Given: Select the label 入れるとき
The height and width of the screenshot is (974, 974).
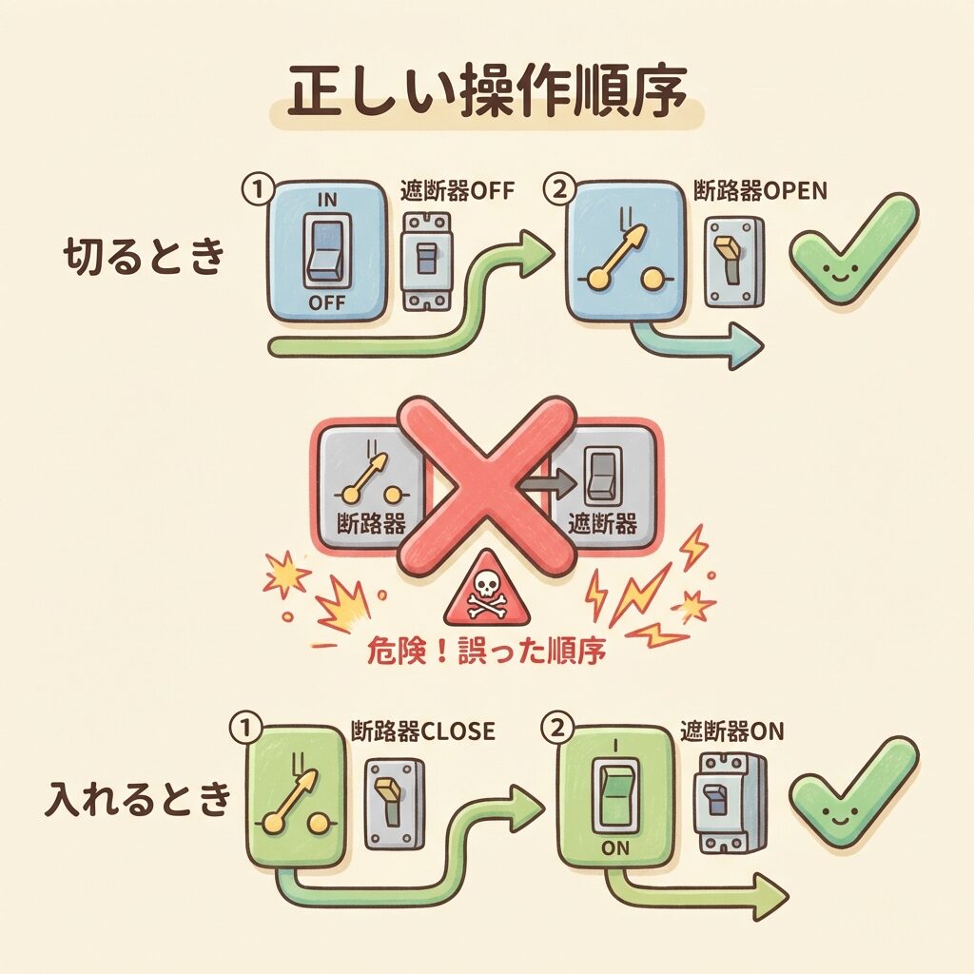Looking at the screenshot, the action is [138, 798].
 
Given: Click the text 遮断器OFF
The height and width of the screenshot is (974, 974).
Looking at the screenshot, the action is [458, 190].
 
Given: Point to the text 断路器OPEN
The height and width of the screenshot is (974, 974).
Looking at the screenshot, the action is [760, 190].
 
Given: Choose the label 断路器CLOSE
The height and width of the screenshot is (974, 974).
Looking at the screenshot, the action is [423, 731].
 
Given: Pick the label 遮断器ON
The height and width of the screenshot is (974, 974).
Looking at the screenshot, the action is [732, 731].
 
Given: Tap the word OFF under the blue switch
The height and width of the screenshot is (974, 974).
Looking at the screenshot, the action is [327, 303].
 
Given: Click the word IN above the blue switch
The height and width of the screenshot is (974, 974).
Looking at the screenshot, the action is [327, 200].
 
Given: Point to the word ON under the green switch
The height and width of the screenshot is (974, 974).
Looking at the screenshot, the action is [615, 847].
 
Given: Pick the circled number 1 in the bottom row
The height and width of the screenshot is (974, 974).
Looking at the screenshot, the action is [246, 728].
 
